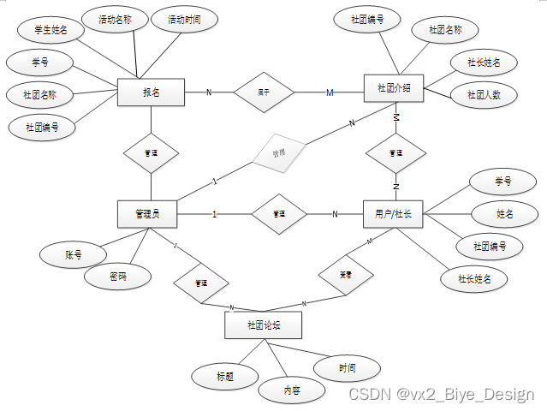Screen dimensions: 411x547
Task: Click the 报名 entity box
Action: [151, 92]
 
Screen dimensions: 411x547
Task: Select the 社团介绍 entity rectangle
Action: [394, 89]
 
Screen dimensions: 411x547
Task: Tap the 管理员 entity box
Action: [147, 214]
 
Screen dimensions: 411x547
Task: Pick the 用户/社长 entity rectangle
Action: [393, 214]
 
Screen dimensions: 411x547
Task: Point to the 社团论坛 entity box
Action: [263, 325]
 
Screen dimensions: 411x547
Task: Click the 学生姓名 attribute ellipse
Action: [51, 31]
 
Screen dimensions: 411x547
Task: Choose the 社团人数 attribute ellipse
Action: [485, 95]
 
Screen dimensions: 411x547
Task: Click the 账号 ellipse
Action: [73, 254]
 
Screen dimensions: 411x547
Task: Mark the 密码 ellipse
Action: [118, 277]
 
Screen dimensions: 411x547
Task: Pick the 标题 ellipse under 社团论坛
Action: [225, 375]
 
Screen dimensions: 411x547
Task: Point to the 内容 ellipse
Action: [292, 390]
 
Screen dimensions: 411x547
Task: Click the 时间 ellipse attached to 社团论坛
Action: [347, 369]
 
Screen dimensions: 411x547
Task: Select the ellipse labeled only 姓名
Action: [505, 213]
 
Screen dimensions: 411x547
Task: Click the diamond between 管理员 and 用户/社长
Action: [278, 214]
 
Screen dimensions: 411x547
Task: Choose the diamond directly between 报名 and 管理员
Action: [151, 153]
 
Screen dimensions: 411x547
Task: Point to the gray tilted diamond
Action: [278, 154]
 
